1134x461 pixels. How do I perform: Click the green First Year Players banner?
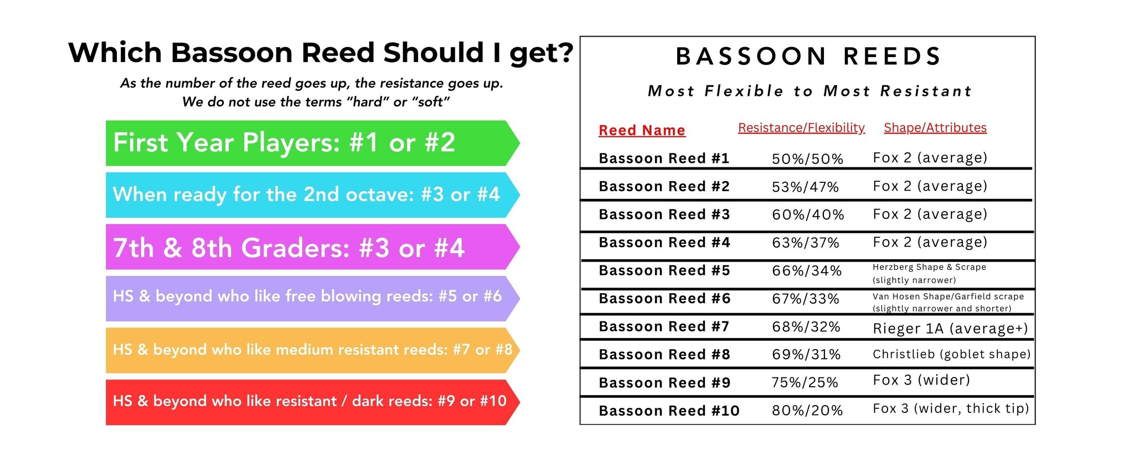(313, 143)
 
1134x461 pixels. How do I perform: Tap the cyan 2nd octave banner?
(313, 195)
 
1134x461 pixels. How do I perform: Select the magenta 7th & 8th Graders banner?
(313, 247)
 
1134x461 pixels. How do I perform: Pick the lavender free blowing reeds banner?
(313, 299)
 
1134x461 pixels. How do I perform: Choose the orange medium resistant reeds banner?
(313, 350)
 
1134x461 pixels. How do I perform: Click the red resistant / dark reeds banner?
(313, 402)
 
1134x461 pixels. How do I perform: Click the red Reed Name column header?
(642, 131)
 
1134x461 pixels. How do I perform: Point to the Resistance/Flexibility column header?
(801, 128)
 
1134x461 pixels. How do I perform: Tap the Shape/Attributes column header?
(935, 128)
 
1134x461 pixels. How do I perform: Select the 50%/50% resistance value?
(807, 159)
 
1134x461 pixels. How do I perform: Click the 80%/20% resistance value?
(807, 411)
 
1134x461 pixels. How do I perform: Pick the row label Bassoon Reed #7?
(664, 327)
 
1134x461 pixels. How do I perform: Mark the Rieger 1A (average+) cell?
(950, 329)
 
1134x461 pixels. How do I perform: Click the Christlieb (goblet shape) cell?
(952, 355)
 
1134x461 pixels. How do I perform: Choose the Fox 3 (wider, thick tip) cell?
(951, 409)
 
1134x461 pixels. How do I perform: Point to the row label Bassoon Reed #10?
(669, 411)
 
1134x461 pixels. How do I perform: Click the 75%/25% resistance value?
(805, 382)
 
